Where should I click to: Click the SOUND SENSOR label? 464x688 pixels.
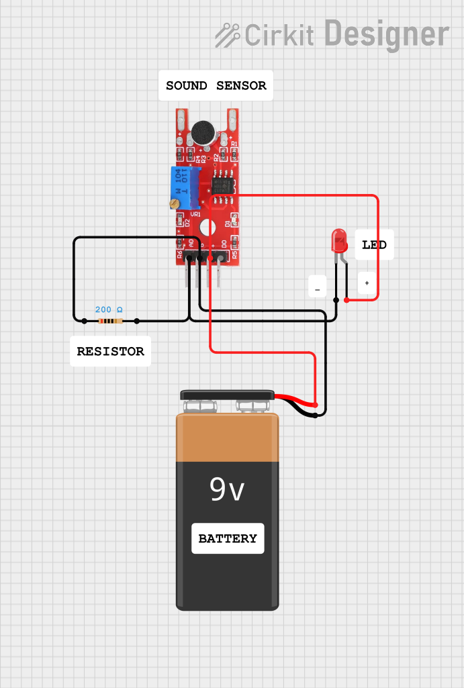coord(216,86)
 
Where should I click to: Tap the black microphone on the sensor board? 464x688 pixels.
coord(203,132)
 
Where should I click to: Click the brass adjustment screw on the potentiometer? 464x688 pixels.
coord(174,203)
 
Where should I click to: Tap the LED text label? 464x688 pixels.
coord(374,245)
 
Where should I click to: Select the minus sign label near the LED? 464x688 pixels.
coord(317,287)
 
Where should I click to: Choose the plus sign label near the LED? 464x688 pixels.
coord(367,283)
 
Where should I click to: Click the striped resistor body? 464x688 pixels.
coord(110,322)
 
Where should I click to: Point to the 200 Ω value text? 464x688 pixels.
coord(109,309)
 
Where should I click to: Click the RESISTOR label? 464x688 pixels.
coord(110,351)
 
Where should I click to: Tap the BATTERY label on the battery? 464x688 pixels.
coord(228,538)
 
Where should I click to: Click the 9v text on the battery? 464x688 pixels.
coord(227,491)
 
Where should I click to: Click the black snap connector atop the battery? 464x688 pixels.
coord(227,395)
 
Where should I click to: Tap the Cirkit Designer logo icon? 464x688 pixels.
coord(228,34)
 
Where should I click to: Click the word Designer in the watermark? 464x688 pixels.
coord(387,33)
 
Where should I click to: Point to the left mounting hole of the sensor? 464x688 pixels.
coord(181,121)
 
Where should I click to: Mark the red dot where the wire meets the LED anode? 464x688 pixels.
coord(346,300)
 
